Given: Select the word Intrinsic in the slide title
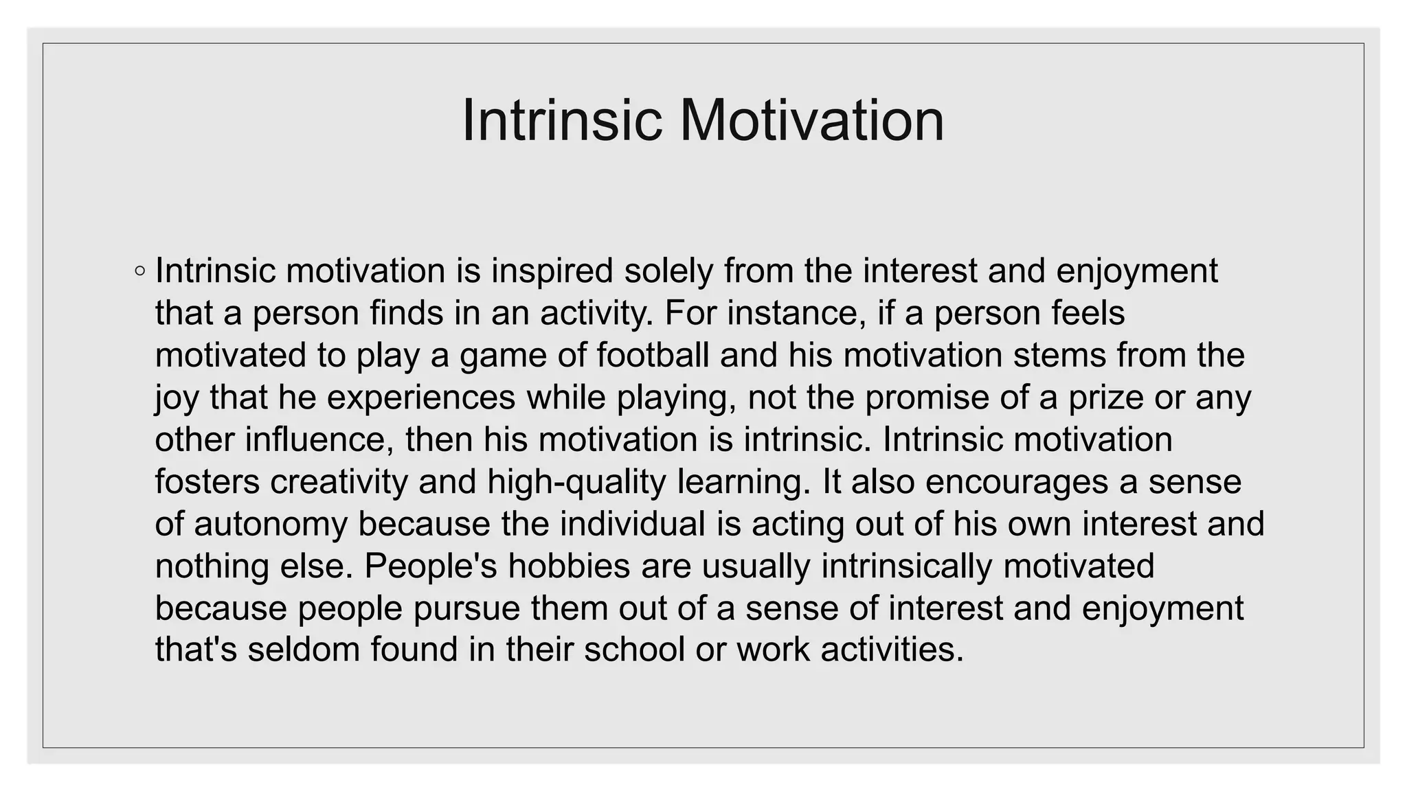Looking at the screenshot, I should (x=563, y=120).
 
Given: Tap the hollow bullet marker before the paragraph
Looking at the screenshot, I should (x=140, y=271).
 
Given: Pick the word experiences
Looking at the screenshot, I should (x=421, y=398).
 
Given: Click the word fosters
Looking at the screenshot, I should (x=207, y=481).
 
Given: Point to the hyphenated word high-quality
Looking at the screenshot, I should (x=576, y=481).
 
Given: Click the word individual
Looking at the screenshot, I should (x=633, y=524).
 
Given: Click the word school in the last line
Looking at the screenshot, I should (x=634, y=650).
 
